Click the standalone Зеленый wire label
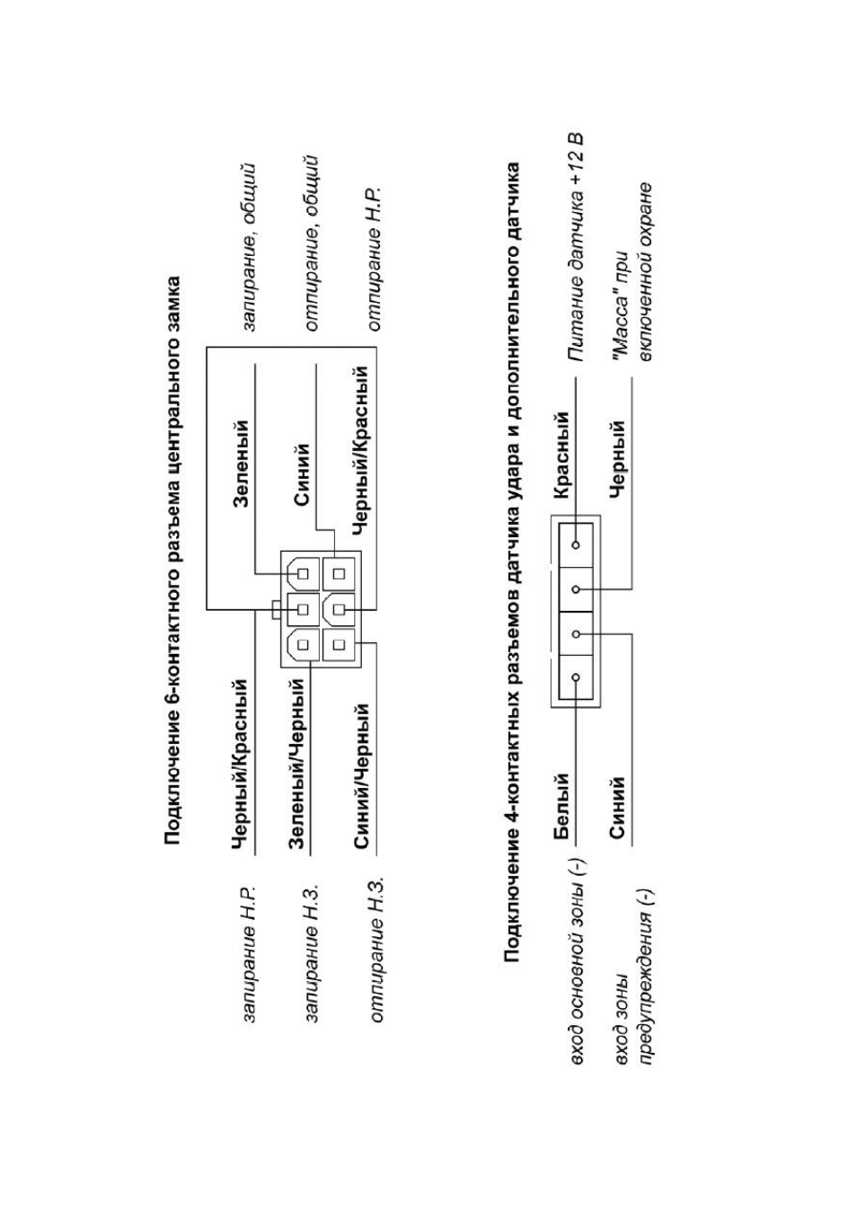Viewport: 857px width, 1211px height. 241,464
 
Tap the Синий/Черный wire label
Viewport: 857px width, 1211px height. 362,782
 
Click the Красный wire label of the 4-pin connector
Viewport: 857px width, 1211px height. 562,455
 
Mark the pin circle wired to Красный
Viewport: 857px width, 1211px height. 575,544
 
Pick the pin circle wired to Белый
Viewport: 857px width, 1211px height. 575,676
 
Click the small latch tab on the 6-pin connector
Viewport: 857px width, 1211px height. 276,610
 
